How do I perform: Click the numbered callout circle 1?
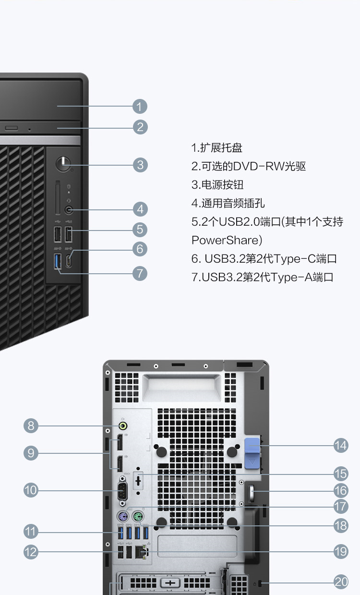[x=140, y=107]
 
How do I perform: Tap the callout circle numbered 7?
[x=140, y=273]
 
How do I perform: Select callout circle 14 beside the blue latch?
[x=341, y=445]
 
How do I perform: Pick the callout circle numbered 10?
[x=31, y=490]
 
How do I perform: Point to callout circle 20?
[x=341, y=582]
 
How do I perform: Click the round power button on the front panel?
[x=63, y=163]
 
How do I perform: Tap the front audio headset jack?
[x=69, y=210]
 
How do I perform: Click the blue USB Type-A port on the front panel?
[x=58, y=261]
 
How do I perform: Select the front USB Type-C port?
[x=69, y=261]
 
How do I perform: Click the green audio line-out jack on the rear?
[x=123, y=426]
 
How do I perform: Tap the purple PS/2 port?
[x=122, y=517]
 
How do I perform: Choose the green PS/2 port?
[x=138, y=517]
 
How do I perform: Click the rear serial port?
[x=122, y=492]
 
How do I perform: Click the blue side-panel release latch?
[x=252, y=453]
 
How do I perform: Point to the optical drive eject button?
[x=12, y=128]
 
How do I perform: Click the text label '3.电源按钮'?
[x=217, y=185]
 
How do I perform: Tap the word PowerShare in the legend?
[x=225, y=240]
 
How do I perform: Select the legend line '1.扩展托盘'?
[x=217, y=148]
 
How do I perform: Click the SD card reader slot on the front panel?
[x=58, y=197]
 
